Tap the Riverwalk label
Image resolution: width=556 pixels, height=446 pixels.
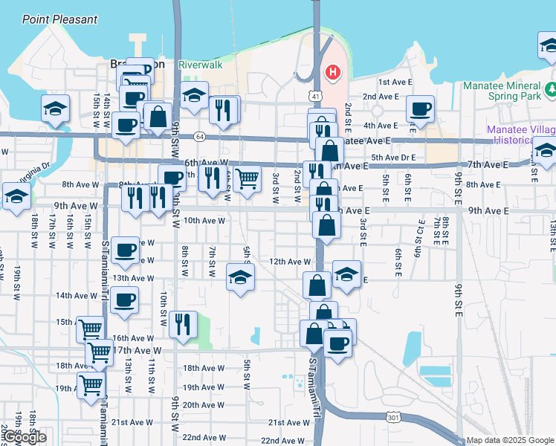(x=201, y=65)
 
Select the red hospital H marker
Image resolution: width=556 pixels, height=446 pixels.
(x=333, y=73)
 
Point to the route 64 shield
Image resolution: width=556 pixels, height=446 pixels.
(x=200, y=137)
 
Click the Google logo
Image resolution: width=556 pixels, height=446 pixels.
(x=25, y=437)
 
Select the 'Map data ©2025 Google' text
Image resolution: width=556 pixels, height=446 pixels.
(x=511, y=441)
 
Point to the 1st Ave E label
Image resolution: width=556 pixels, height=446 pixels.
(x=394, y=82)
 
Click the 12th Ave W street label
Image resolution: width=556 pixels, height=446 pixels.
(x=289, y=262)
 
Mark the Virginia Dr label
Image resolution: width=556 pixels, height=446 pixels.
(x=33, y=168)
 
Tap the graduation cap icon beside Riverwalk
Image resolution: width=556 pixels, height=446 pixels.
(x=194, y=96)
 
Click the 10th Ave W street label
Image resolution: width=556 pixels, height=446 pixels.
(x=204, y=221)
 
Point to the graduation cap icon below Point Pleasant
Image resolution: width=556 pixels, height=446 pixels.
(x=56, y=109)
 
